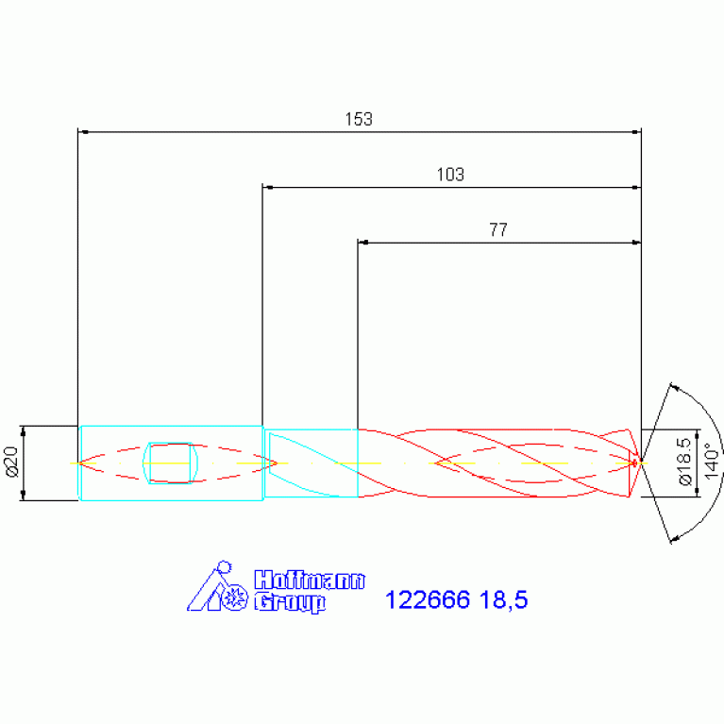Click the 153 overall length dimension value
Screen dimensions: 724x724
(359, 119)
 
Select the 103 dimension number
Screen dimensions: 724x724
(450, 175)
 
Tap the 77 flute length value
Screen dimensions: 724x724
(498, 229)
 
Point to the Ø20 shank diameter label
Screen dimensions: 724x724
(11, 462)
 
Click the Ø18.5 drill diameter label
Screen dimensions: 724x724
(685, 462)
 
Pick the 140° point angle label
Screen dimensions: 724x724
(712, 462)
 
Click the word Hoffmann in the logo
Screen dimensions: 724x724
(310, 580)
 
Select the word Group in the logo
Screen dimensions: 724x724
(290, 602)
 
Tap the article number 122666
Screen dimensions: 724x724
(427, 599)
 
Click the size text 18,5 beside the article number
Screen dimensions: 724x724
(503, 600)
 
